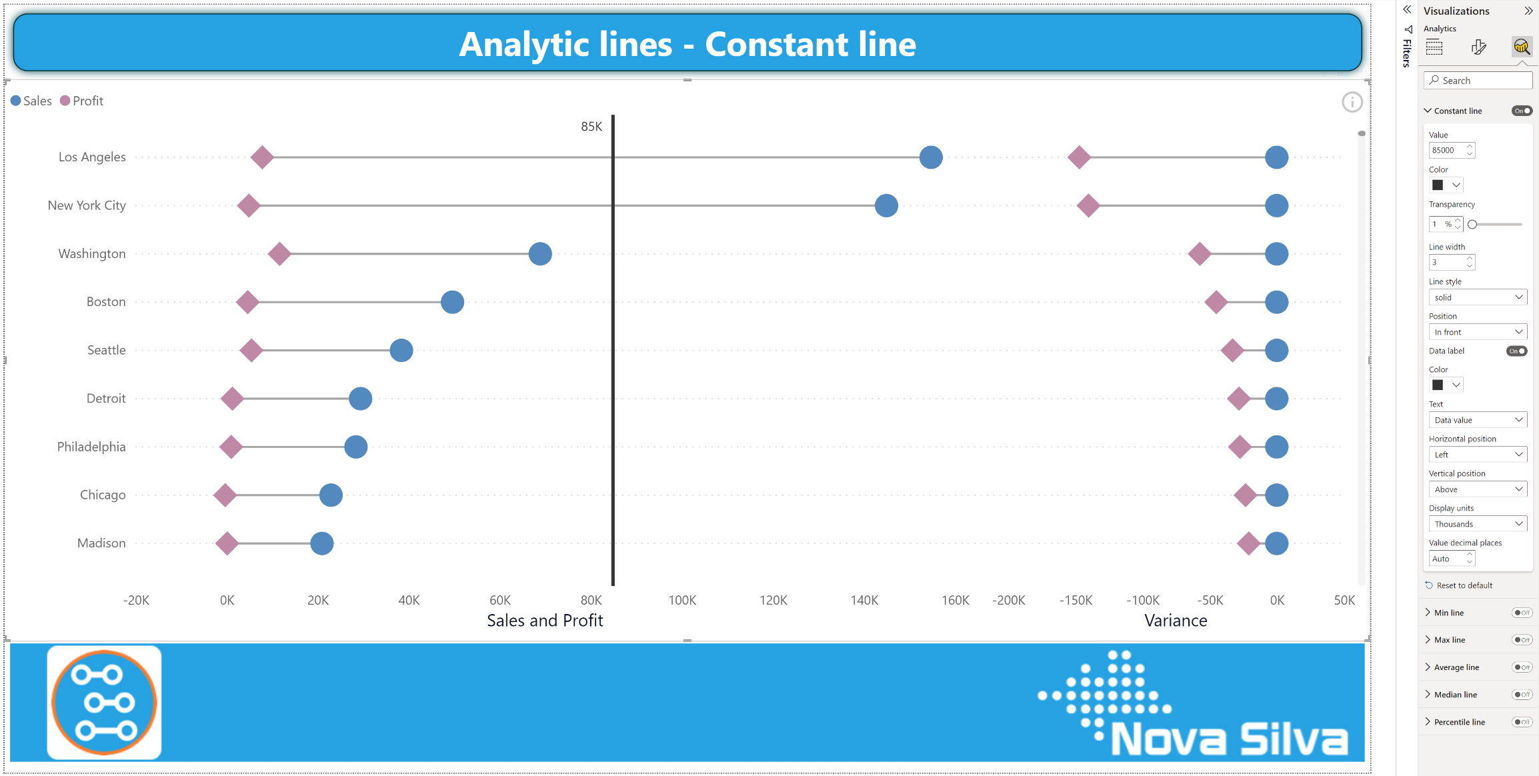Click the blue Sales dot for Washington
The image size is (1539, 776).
[x=540, y=254]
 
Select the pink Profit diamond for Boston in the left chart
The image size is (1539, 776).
[x=247, y=302]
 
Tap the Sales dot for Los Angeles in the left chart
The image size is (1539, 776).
[x=931, y=157]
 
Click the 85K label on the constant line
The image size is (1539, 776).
[x=591, y=127]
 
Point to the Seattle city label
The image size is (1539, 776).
[x=107, y=350]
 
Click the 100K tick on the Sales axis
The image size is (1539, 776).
[x=682, y=600]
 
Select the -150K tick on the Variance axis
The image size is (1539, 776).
[x=1076, y=600]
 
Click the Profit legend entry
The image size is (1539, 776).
[x=82, y=101]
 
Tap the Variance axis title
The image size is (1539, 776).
[x=1176, y=621]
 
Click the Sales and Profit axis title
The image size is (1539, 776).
[x=545, y=621]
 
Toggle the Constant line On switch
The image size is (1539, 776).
[x=1522, y=111]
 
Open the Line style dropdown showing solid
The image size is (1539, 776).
[x=1478, y=297]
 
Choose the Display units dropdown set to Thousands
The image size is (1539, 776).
[x=1478, y=524]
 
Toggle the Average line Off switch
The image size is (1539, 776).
[x=1522, y=667]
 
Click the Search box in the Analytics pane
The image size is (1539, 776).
[x=1478, y=81]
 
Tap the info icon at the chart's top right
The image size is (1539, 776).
[x=1352, y=102]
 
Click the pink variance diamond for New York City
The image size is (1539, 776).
[x=1088, y=206]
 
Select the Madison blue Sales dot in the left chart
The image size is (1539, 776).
[x=321, y=543]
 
